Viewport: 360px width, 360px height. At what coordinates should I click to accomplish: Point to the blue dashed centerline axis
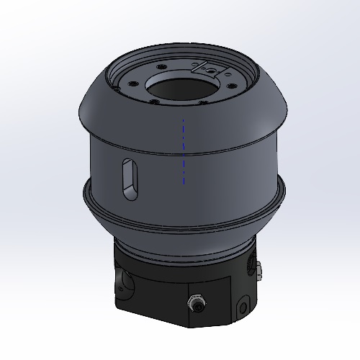(184, 151)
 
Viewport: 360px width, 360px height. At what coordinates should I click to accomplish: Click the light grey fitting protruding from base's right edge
(258, 271)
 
